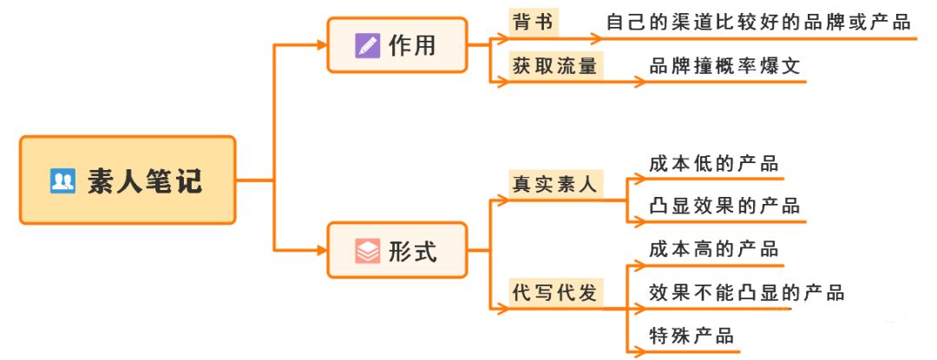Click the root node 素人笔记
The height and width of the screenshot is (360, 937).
128,180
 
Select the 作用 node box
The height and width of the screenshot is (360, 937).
396,45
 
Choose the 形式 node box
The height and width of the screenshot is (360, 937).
396,251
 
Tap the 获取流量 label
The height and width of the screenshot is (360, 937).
555,66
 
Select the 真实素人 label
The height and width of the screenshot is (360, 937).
555,185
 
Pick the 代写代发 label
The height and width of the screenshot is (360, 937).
555,293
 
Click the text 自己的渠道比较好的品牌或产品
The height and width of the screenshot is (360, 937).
758,22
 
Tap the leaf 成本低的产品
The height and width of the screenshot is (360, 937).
713,163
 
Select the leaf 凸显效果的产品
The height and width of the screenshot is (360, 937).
724,206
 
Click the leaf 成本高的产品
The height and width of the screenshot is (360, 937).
713,250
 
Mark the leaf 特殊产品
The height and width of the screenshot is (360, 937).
691,336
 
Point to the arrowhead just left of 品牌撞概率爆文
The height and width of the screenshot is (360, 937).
639,82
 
